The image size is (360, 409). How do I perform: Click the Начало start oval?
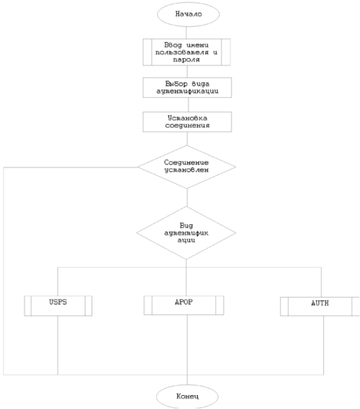pyautogui.click(x=188, y=14)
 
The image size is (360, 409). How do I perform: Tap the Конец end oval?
pyautogui.click(x=188, y=397)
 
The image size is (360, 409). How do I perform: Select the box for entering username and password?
pyautogui.click(x=186, y=52)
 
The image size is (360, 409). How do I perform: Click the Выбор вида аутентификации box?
pyautogui.click(x=187, y=88)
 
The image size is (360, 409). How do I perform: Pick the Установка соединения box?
pyautogui.click(x=187, y=122)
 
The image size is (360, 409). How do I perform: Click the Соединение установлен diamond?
pyautogui.click(x=187, y=167)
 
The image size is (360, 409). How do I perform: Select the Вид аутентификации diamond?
pyautogui.click(x=186, y=233)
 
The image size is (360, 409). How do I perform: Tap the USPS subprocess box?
pyautogui.click(x=58, y=306)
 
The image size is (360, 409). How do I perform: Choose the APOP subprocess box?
pyautogui.click(x=184, y=305)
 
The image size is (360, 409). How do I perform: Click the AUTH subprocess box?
pyautogui.click(x=320, y=306)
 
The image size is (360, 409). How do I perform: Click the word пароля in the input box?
pyautogui.click(x=186, y=60)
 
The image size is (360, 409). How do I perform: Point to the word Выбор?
pyautogui.click(x=176, y=84)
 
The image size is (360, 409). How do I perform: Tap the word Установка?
pyautogui.click(x=188, y=118)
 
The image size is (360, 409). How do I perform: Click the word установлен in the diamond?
pyautogui.click(x=186, y=170)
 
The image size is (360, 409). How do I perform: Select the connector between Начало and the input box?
pyautogui.click(x=186, y=33)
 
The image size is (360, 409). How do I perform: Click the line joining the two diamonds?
pyautogui.click(x=187, y=198)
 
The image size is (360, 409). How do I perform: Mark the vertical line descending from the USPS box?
pyautogui.click(x=58, y=345)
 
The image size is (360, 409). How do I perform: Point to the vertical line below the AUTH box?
pyautogui.click(x=323, y=345)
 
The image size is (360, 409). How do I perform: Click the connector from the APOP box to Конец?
pyautogui.click(x=187, y=350)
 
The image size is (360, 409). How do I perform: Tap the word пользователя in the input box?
pyautogui.click(x=182, y=53)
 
